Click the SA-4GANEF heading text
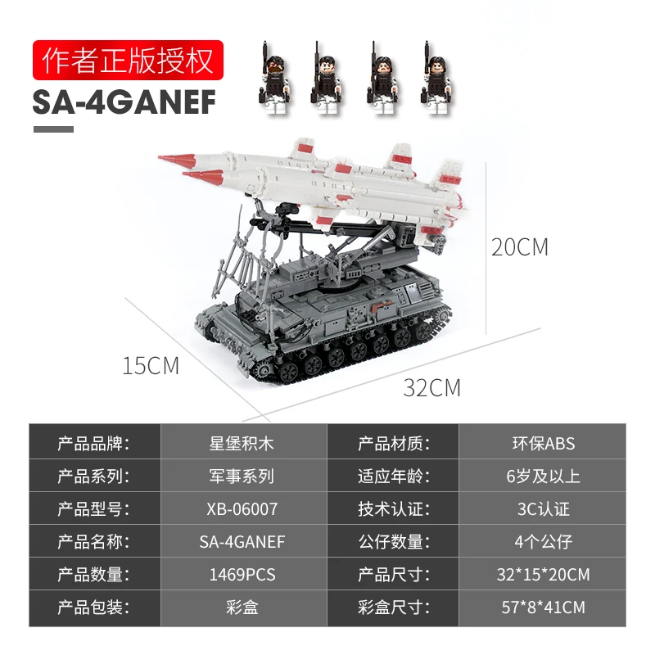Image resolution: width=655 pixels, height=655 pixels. (x=124, y=104)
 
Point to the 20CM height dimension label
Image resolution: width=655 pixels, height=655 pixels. (x=519, y=247)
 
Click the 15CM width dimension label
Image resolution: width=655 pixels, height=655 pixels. (x=151, y=366)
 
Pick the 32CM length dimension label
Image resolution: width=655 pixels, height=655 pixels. (x=431, y=387)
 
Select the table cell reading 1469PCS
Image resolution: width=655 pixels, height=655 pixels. (x=243, y=575)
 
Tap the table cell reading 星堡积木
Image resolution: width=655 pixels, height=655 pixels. (x=243, y=444)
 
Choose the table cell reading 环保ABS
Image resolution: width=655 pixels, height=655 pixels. (x=543, y=444)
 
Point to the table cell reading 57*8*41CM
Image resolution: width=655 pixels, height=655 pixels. (x=543, y=608)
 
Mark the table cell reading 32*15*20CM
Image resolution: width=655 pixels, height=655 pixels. (x=543, y=575)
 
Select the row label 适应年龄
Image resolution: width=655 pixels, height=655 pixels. (x=394, y=477)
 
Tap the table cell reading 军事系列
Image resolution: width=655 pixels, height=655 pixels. (x=243, y=477)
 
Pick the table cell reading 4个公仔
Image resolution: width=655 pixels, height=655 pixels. (x=543, y=542)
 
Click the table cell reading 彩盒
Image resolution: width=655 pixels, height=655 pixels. (x=243, y=608)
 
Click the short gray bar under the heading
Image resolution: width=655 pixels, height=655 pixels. (x=53, y=129)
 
